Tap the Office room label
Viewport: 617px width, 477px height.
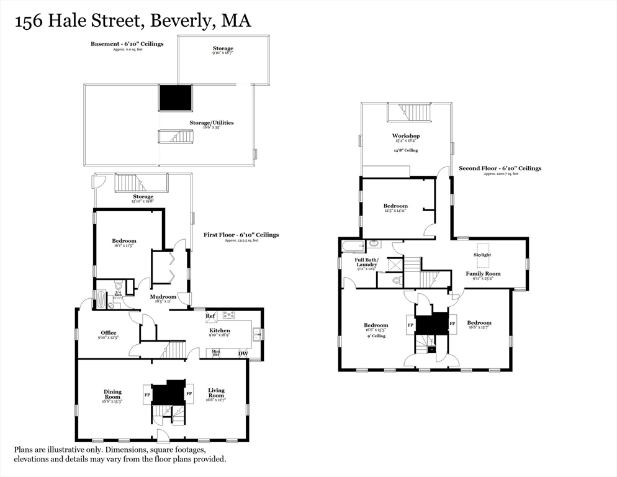coord(109,333)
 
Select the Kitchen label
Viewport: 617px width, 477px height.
coord(219,330)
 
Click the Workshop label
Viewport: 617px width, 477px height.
coord(406,135)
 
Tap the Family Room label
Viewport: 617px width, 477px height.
coord(483,273)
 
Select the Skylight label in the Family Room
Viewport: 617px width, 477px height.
coord(482,255)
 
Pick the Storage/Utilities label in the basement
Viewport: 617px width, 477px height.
coord(212,123)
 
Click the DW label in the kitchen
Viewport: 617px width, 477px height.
coord(243,354)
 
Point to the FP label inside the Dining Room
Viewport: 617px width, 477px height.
coord(147,394)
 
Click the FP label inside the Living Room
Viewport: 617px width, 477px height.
coord(189,394)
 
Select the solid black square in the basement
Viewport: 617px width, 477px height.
coord(176,98)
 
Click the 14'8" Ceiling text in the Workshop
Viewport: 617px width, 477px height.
coord(405,150)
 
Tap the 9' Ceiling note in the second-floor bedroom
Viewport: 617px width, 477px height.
coord(376,336)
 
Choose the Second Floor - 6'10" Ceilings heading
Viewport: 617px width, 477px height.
coord(500,168)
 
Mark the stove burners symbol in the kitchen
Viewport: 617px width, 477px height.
coord(228,315)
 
